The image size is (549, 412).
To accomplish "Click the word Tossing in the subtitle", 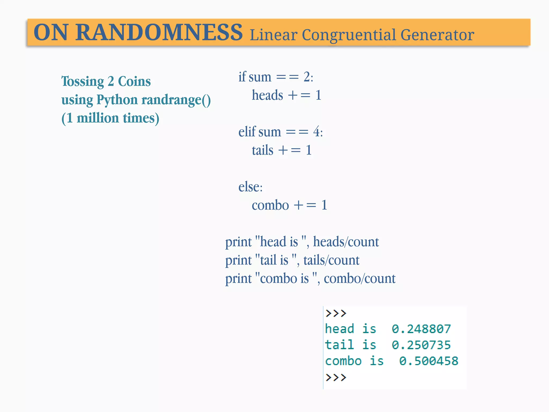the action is pos(83,82).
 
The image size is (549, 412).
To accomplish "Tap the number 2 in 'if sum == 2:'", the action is pos(307,77).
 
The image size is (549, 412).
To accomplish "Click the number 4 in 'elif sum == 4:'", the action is pos(317,132).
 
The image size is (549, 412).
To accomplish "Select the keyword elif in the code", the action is pos(247,132).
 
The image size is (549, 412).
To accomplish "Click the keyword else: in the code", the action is pos(250,187).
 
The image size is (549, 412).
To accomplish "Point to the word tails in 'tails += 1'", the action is pos(262,150).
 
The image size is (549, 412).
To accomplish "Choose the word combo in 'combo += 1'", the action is pos(270,205).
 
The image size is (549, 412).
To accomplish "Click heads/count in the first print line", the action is pos(346,242).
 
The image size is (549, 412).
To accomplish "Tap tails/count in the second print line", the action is pos(331,260).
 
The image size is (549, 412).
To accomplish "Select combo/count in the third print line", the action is pos(359,279).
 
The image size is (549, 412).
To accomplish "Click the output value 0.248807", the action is pos(421,329).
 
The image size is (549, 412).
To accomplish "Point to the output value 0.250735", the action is pos(421,345).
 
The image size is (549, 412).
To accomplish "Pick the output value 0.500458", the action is pos(429,361).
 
